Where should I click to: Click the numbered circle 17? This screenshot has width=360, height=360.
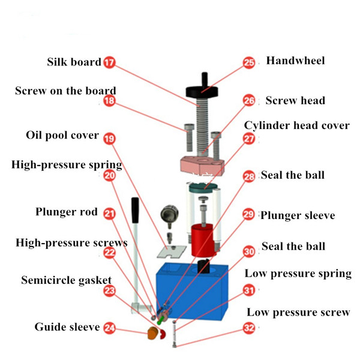pos(109,62)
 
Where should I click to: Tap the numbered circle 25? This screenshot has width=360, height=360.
pos(249,62)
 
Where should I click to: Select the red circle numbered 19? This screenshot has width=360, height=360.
pos(109,138)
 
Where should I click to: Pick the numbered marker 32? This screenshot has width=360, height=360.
pos(249,328)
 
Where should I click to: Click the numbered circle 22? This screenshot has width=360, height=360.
pos(109,253)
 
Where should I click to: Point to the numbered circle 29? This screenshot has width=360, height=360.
pos(248,215)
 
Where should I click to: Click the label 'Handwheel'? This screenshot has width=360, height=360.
pos(295,61)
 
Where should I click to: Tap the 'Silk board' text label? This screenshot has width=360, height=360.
pos(74,62)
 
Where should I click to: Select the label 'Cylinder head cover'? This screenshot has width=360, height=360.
pos(296,125)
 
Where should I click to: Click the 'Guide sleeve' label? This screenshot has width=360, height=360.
pos(67,327)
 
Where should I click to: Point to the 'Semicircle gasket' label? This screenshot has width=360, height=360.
pos(61,280)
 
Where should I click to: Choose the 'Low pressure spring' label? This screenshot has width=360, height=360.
pos(298,274)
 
